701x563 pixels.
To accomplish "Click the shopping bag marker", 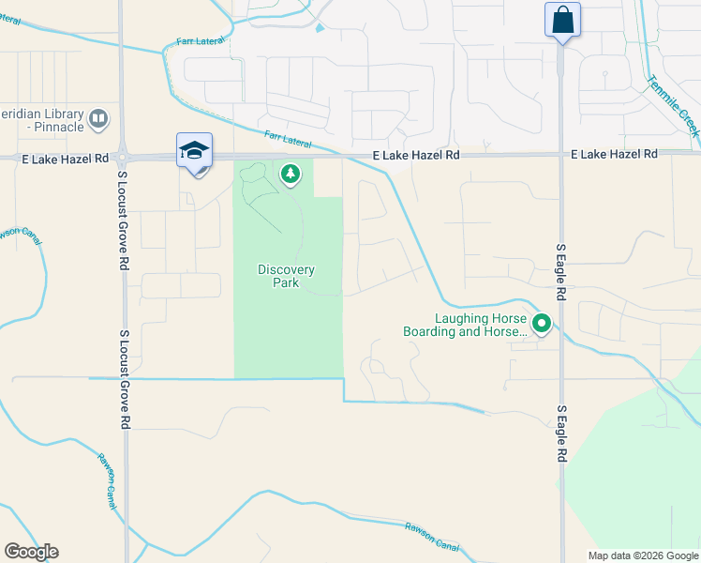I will (x=562, y=20).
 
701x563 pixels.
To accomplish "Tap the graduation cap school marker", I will (x=195, y=151).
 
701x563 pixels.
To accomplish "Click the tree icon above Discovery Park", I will (x=291, y=173).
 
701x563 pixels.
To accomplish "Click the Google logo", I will (x=31, y=551).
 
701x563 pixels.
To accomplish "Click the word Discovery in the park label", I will (x=287, y=270).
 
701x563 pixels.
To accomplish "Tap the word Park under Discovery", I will (x=286, y=282).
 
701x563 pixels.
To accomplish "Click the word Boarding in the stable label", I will (x=428, y=331).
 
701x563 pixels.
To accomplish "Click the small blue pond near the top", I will (x=321, y=28).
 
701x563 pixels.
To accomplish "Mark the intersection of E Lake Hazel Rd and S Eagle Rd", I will (x=561, y=154).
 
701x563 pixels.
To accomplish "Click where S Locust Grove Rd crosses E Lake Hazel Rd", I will (x=124, y=158).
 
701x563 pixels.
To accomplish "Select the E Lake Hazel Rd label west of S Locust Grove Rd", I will (x=65, y=160).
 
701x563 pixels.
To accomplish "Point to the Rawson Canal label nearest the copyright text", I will (x=432, y=532).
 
